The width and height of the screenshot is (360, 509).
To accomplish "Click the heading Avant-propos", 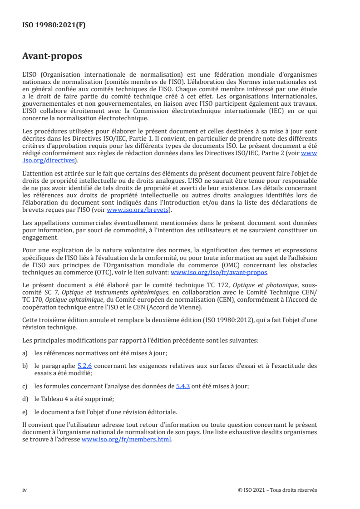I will click(x=52, y=57).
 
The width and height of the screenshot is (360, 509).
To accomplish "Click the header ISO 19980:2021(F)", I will click(x=54, y=25).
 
